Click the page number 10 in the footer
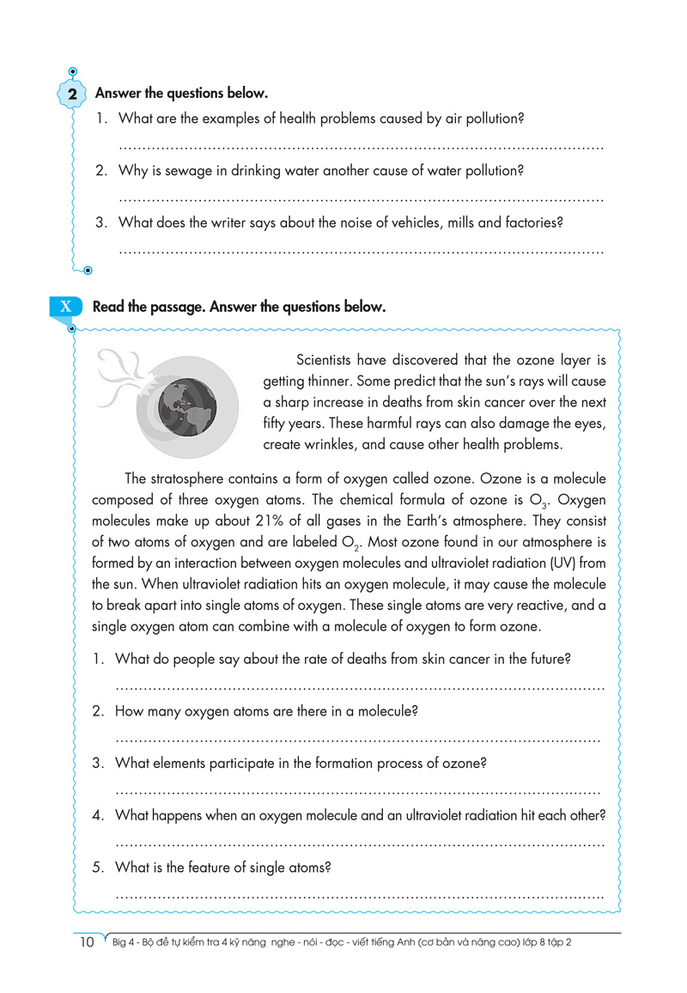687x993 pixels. pyautogui.click(x=86, y=942)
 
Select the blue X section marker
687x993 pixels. pyautogui.click(x=66, y=307)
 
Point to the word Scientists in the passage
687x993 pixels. pyautogui.click(x=325, y=359)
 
